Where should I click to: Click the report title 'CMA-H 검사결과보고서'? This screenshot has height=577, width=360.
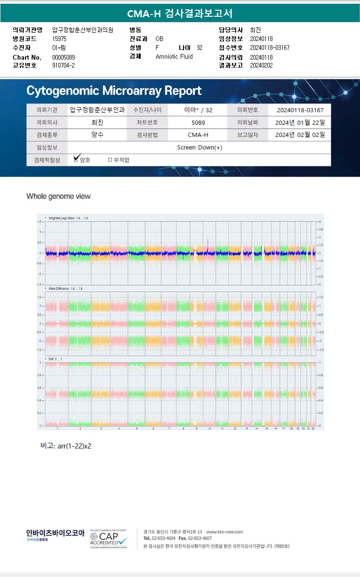point(180,14)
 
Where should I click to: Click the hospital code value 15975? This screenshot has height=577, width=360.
point(60,39)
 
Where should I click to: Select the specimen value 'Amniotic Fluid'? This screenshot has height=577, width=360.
point(174,56)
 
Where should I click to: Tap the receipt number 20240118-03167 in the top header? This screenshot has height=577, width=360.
point(270,48)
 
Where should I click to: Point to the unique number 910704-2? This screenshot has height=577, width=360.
point(63,65)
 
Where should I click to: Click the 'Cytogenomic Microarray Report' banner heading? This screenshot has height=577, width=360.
point(114,91)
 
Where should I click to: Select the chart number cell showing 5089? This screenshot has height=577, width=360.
point(198,122)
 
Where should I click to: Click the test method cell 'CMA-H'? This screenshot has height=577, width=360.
point(198,135)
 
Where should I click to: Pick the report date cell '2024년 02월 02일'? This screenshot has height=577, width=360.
point(300,135)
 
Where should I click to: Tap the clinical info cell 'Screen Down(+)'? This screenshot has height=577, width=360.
point(200,147)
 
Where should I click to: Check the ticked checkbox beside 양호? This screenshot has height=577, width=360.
point(77,159)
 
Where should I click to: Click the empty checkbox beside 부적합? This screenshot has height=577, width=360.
point(110,160)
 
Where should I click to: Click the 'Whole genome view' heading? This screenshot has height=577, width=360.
point(59,196)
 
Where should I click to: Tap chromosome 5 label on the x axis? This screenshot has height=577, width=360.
point(136,428)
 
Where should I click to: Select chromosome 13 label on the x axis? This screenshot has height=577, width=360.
point(246,428)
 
